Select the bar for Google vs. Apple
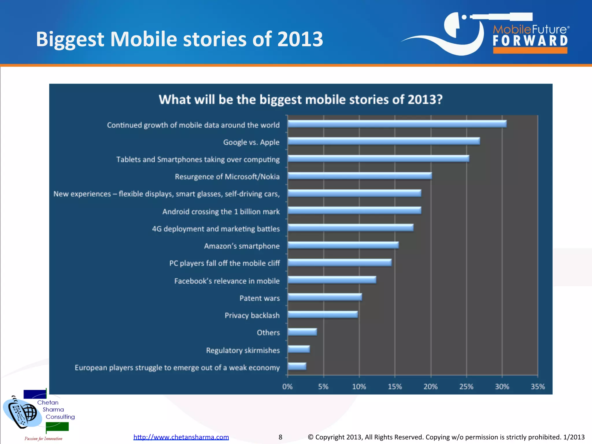pos(384,141)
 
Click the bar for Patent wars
pos(325,297)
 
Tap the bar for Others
pos(302,332)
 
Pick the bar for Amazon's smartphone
pos(343,245)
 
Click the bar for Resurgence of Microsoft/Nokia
pos(360,176)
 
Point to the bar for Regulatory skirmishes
pos(299,349)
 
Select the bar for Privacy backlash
pos(323,314)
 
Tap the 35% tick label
pos(538,386)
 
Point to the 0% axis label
pos(287,386)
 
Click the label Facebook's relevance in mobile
pos(227,281)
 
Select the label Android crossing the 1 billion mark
pos(221,212)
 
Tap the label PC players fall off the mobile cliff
pos(224,263)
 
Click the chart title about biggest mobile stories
pos(301,99)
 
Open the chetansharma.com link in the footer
pos(181,437)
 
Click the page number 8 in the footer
pos(280,437)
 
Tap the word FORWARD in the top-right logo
pos(530,41)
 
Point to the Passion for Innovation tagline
pos(43,439)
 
